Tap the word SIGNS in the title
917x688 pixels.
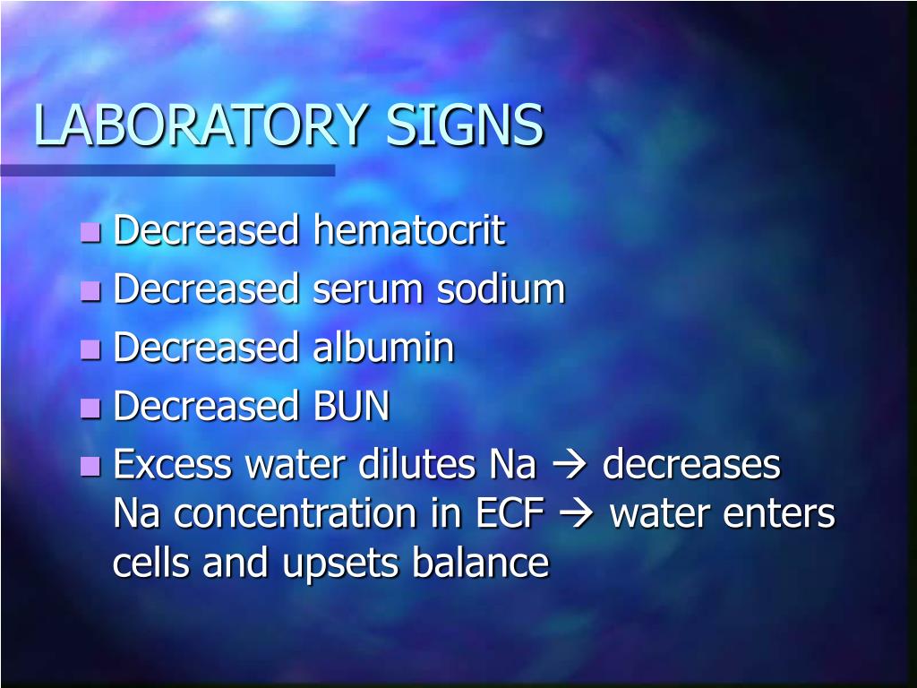(x=465, y=125)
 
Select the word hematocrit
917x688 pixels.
(x=408, y=229)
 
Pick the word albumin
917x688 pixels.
(x=383, y=347)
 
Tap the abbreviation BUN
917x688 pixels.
(x=351, y=406)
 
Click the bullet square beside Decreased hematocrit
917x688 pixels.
(x=90, y=232)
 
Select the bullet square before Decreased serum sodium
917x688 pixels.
(x=90, y=290)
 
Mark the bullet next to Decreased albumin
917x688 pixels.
(x=90, y=349)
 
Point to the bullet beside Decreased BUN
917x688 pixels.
(x=90, y=408)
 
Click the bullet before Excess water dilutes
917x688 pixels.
(x=90, y=466)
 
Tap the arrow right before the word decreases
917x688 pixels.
(x=569, y=466)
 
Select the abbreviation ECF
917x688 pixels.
(x=510, y=513)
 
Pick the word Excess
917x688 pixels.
(x=173, y=464)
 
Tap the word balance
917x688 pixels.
(x=481, y=562)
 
